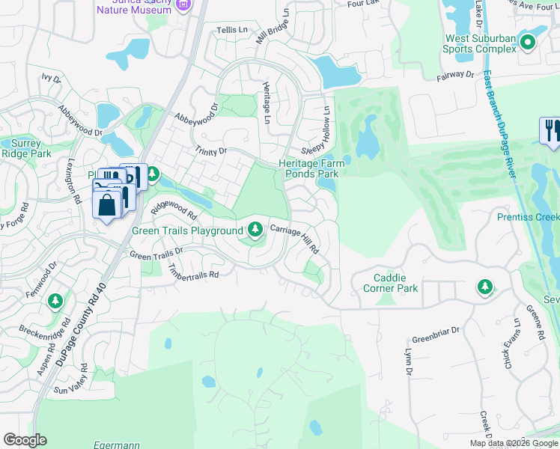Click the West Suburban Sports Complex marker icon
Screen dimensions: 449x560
point(528,42)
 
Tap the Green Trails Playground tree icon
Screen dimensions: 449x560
point(255,230)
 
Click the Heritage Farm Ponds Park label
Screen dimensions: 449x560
point(309,168)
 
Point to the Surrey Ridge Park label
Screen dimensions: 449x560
point(26,148)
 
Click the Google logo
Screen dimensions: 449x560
point(25,440)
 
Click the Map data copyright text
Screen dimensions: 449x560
point(513,443)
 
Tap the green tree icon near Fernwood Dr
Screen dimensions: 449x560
point(55,301)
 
